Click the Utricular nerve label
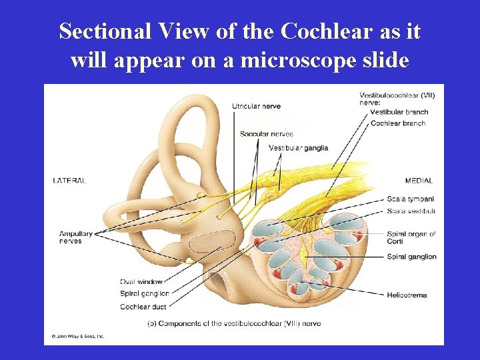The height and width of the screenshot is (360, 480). [256, 106]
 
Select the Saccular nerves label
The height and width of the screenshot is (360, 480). [267, 134]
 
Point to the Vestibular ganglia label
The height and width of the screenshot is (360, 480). [299, 147]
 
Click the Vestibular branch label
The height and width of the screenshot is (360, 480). [399, 112]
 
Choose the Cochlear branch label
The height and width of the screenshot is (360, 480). [398, 123]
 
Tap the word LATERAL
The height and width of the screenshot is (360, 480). [70, 181]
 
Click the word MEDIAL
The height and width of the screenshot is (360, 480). [419, 181]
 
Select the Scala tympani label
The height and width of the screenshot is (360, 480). [411, 199]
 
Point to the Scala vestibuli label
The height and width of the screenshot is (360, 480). [411, 211]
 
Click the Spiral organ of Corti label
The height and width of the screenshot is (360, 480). [411, 237]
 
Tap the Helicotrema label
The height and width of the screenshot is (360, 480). [407, 295]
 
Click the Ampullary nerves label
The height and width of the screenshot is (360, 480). [75, 237]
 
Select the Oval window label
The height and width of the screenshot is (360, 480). [141, 282]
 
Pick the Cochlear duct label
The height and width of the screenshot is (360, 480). [143, 307]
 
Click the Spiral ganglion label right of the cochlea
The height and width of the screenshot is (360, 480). [411, 257]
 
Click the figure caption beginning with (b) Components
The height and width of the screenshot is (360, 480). [234, 323]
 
